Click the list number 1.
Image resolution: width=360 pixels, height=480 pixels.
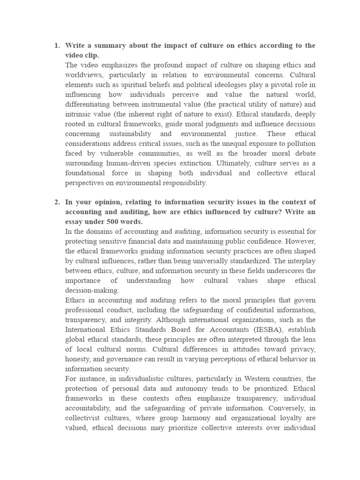[x=57, y=45]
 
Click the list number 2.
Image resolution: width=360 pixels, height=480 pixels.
[x=57, y=202]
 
